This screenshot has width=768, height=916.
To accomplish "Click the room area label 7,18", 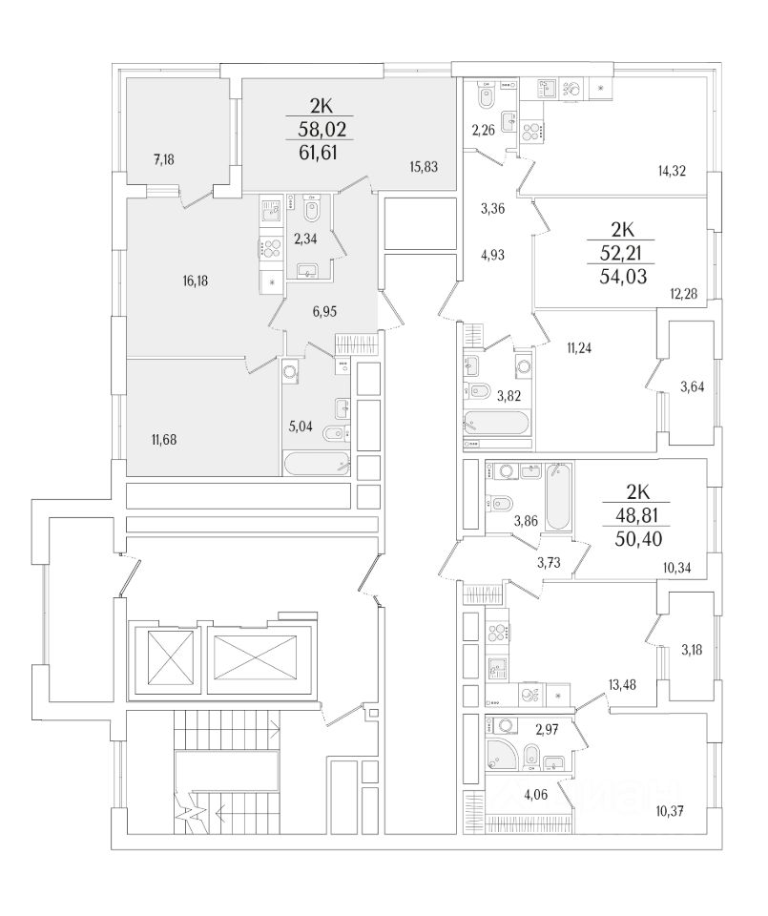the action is (x=163, y=159).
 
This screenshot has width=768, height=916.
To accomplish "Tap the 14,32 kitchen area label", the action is (x=674, y=172).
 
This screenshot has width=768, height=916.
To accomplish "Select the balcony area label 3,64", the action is (x=693, y=386).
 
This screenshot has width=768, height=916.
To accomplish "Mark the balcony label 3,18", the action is (x=693, y=651).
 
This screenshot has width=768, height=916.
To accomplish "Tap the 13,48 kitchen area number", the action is (x=622, y=684).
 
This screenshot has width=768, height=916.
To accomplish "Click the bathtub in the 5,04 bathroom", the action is (x=318, y=464).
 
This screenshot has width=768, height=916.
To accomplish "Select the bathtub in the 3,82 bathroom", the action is (x=496, y=423).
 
